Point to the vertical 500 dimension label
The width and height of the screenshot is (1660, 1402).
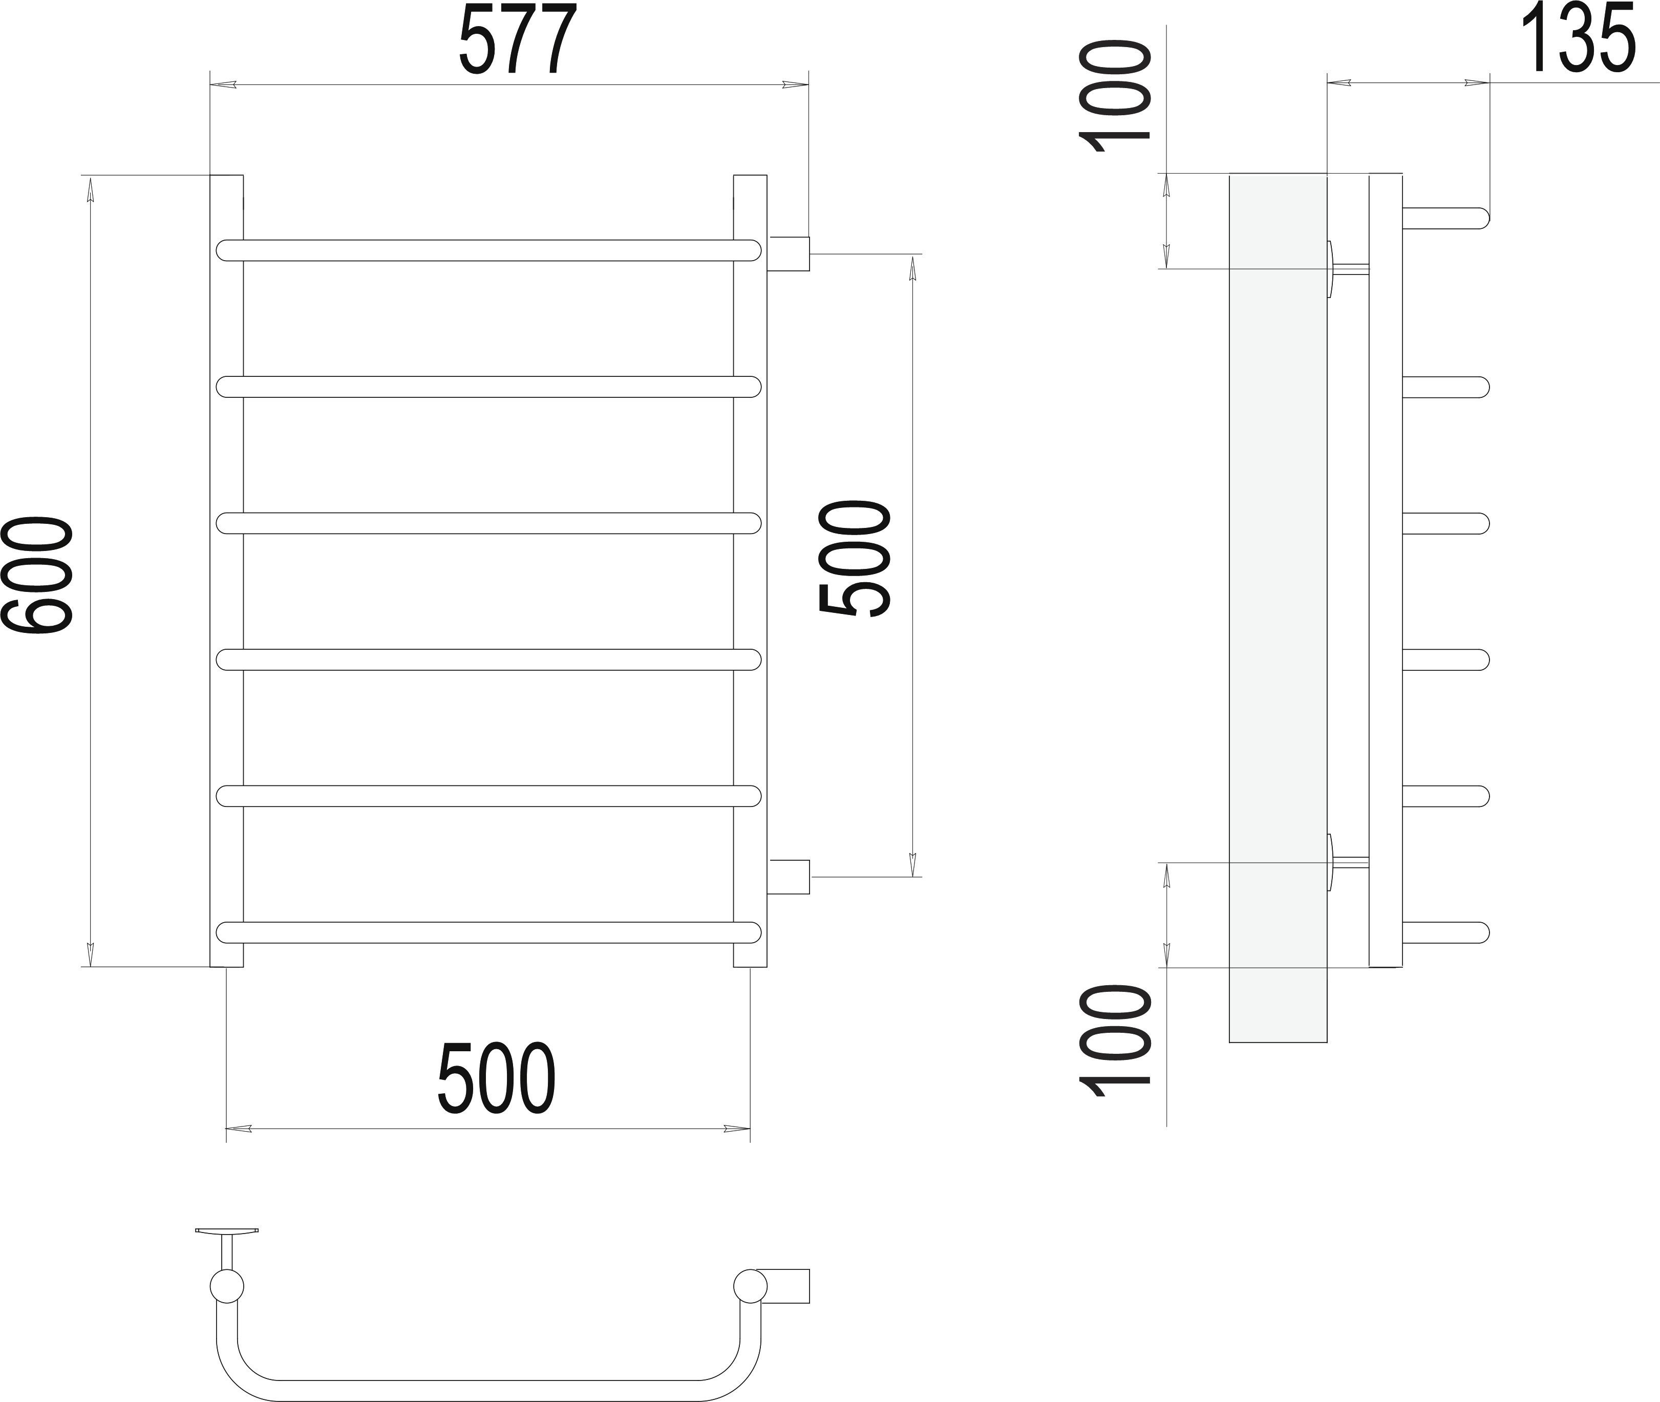pyautogui.click(x=855, y=558)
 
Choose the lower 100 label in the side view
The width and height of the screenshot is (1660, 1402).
pyautogui.click(x=1114, y=1041)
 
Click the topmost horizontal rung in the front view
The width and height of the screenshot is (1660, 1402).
pyautogui.click(x=488, y=249)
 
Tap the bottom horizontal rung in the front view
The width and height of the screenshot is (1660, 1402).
pyautogui.click(x=488, y=932)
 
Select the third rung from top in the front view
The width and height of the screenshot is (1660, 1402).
pyautogui.click(x=488, y=523)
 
